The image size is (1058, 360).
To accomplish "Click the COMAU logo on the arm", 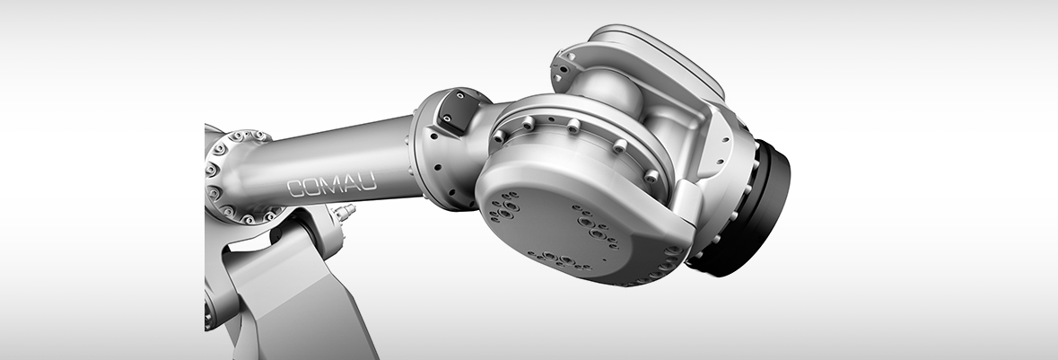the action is point(331,184).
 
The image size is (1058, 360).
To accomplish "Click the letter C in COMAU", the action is point(296,189).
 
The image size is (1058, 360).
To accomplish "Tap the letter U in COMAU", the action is point(369,180).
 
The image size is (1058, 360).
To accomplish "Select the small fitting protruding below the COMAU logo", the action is point(344,212).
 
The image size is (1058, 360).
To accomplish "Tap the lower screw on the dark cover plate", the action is point(448,121).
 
